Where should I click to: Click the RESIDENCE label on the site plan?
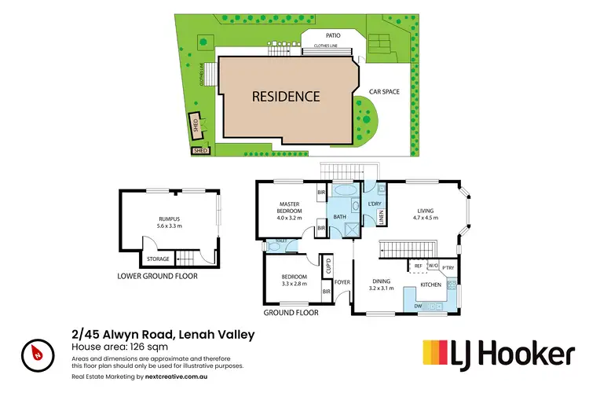coord(285,97)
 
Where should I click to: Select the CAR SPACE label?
coord(385,92)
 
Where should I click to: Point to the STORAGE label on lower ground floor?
coord(157,258)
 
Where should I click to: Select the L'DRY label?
coord(374,204)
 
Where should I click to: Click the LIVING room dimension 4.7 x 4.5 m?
coord(426,218)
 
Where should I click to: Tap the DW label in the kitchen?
coord(419,306)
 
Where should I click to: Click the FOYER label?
coord(342,281)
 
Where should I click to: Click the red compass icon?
coord(37,354)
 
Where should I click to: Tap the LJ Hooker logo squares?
coord(442,354)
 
